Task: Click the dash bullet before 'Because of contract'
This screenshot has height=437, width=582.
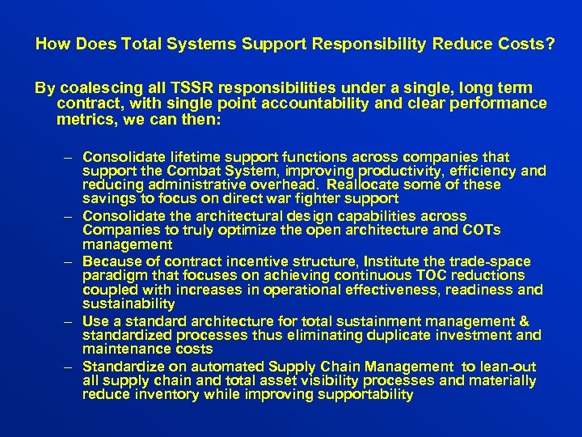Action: tap(70, 261)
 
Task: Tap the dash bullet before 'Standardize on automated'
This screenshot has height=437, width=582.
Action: tap(70, 367)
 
